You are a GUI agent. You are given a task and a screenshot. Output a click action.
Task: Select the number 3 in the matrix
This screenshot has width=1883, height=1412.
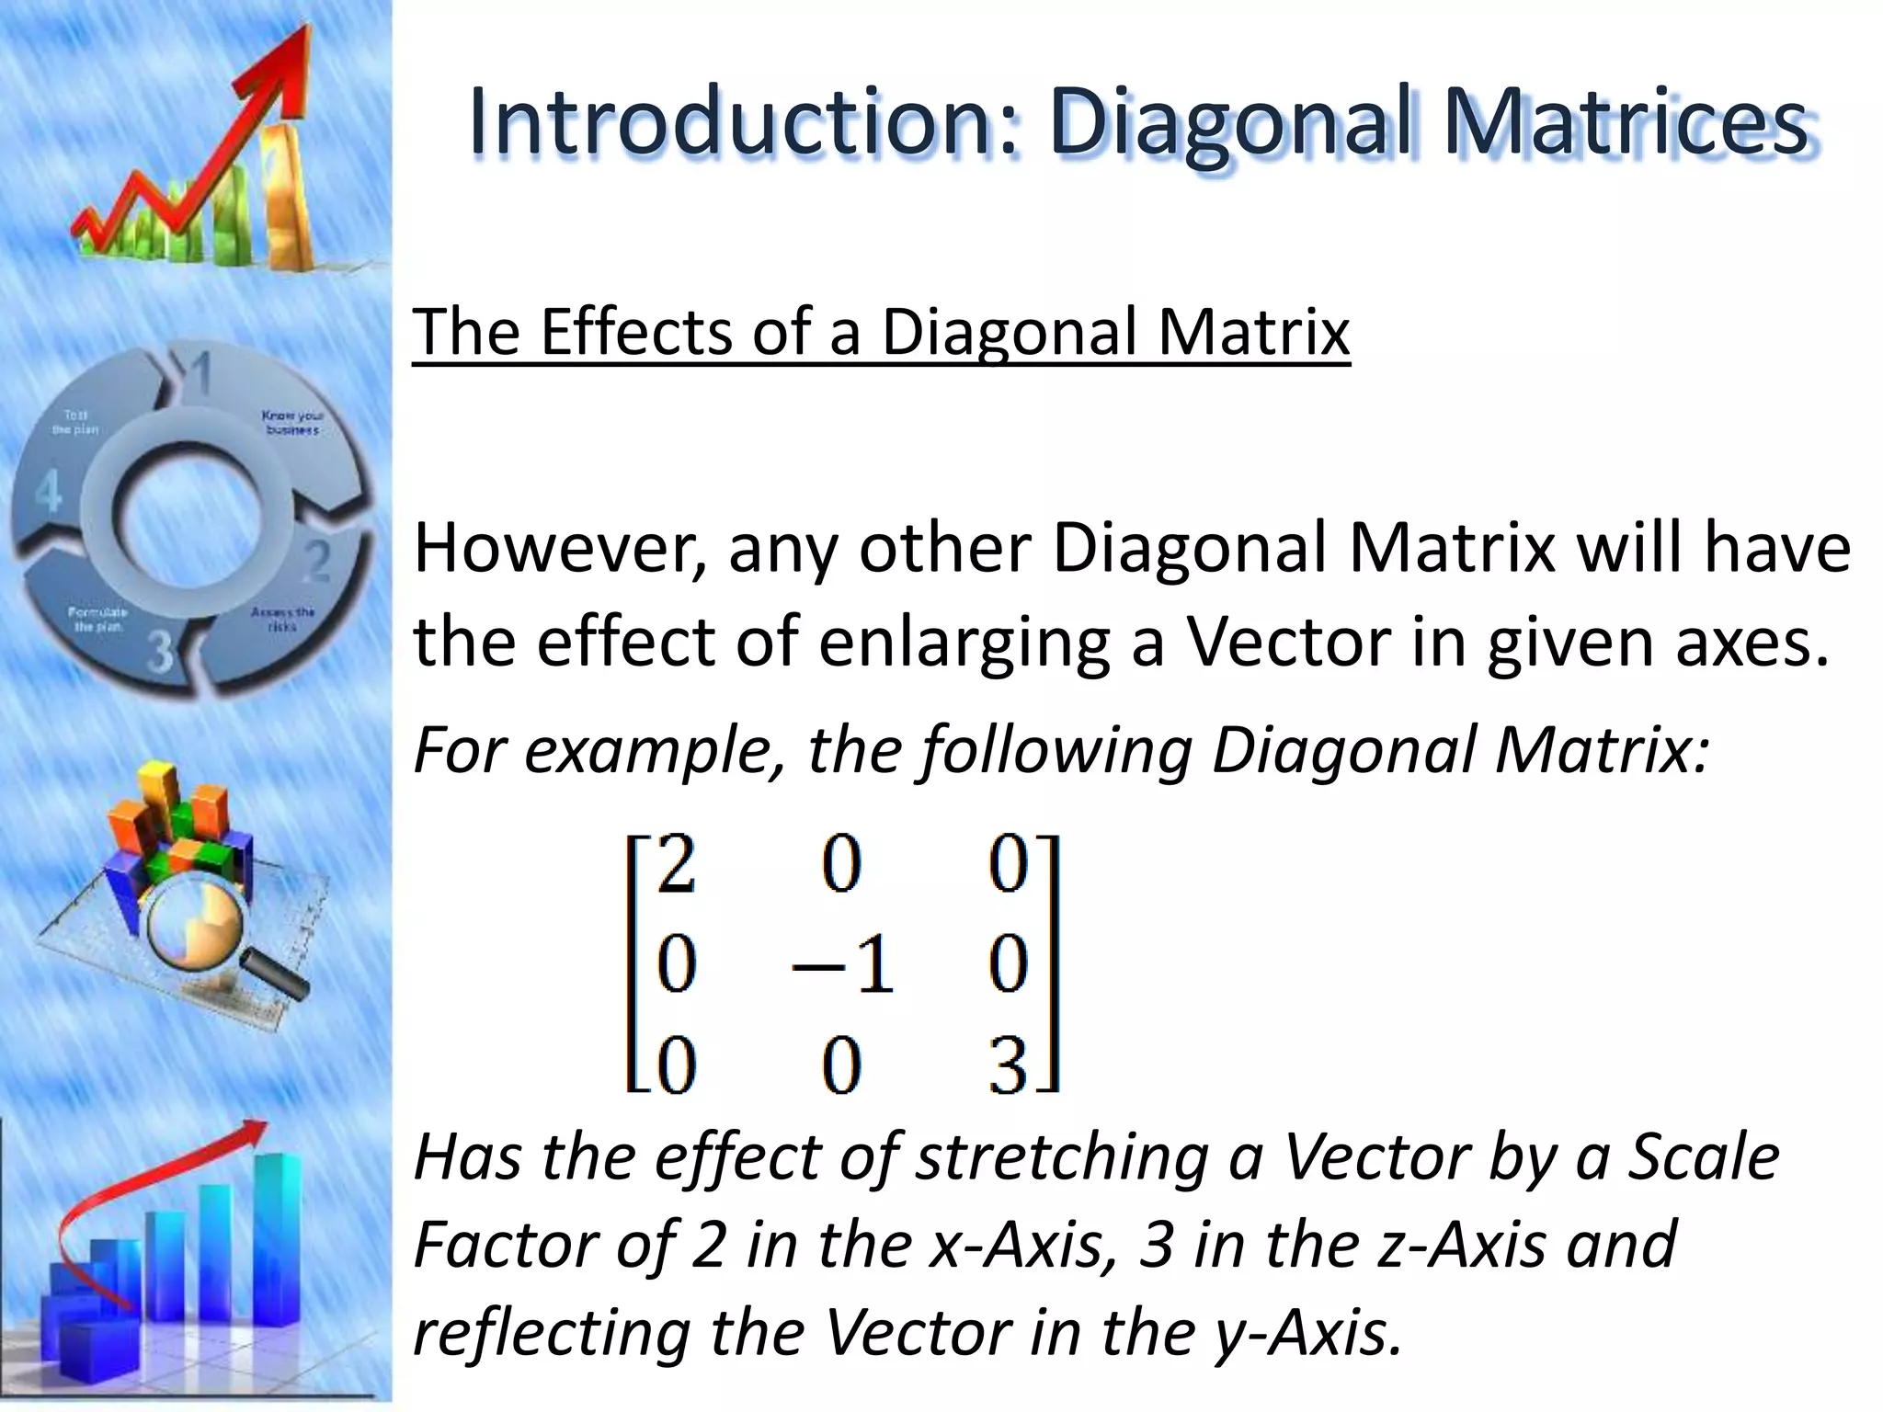pos(1008,1066)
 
